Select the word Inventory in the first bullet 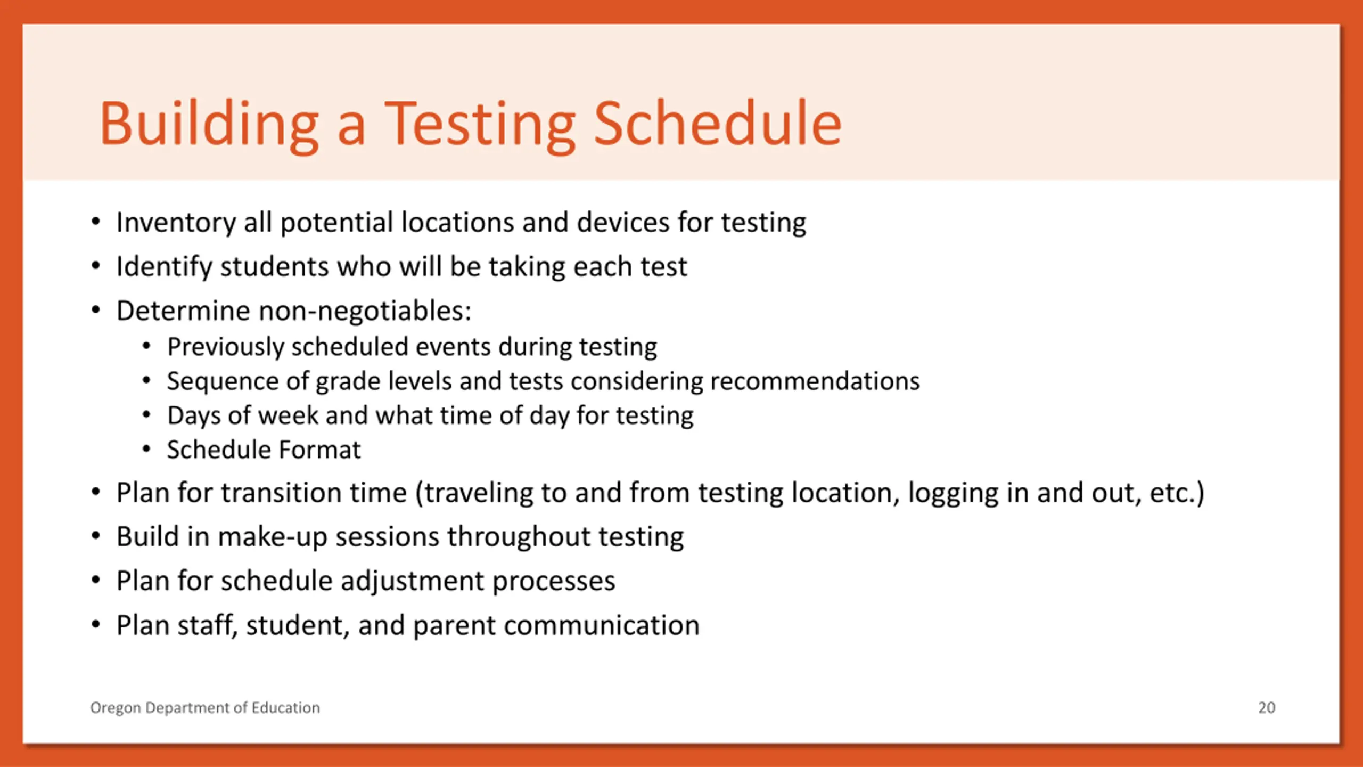tap(176, 223)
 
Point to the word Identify tap(164, 267)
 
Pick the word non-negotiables tap(365, 311)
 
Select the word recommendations tap(815, 381)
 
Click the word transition tap(314, 492)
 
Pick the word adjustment tap(412, 581)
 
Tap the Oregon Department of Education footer tap(205, 708)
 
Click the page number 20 tap(1267, 708)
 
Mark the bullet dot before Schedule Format tap(146, 449)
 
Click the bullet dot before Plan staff tap(96, 624)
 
